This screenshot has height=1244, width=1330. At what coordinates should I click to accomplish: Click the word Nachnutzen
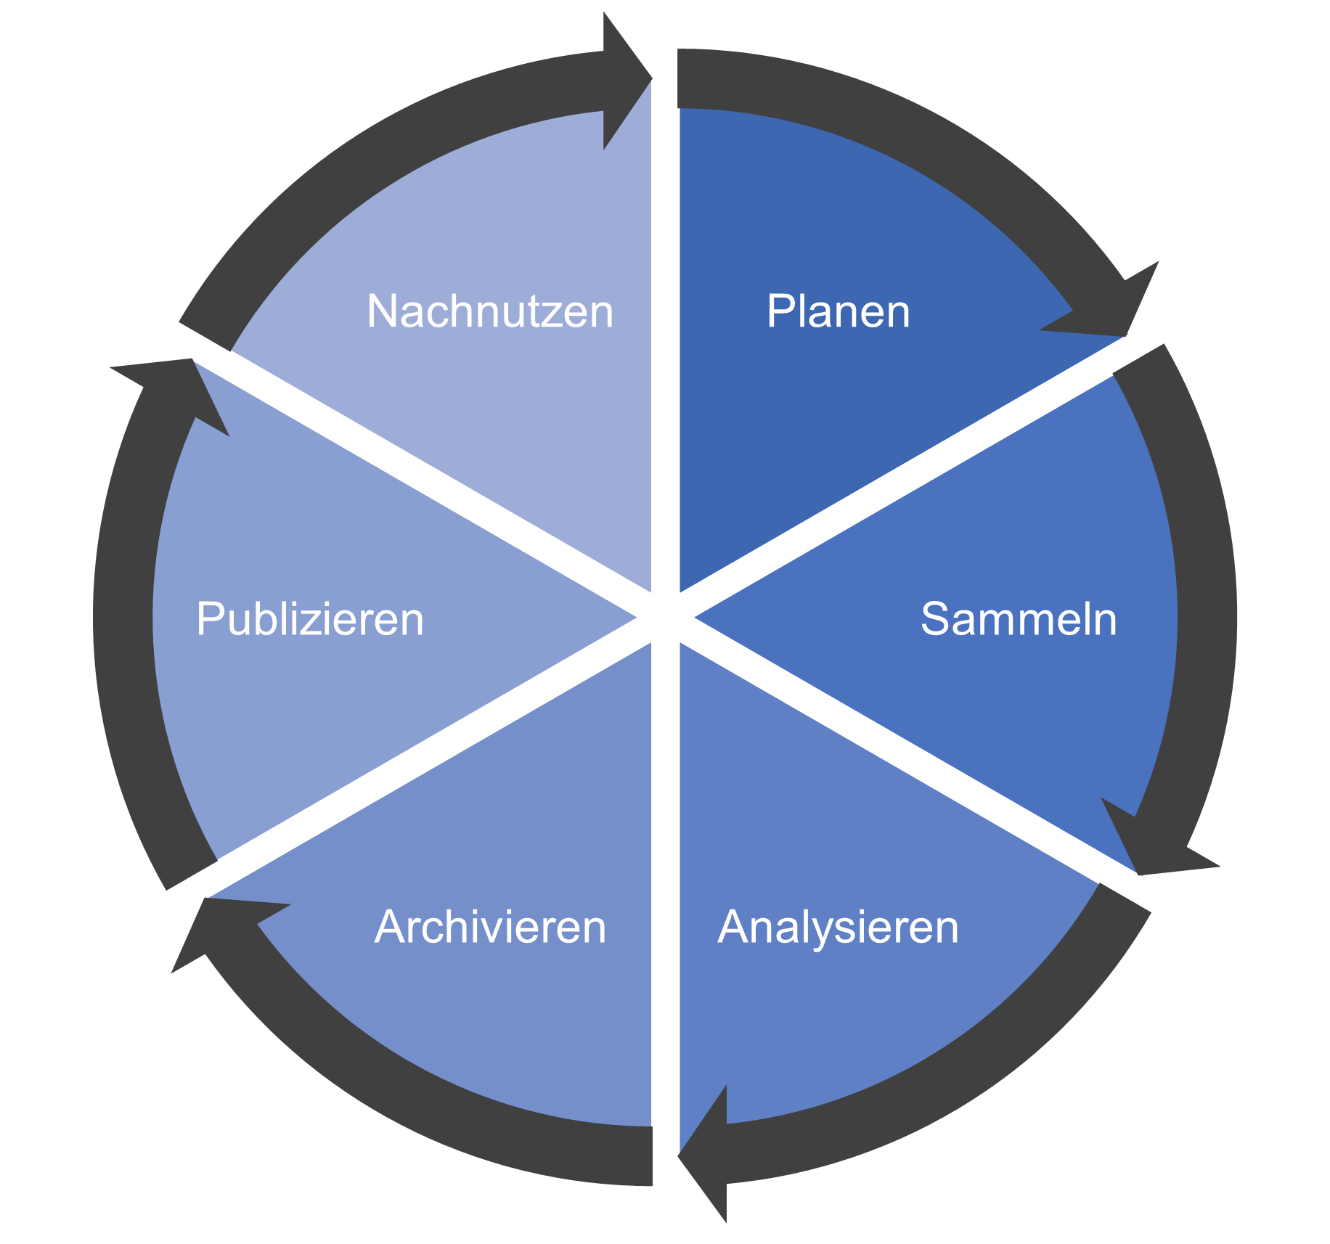coord(490,311)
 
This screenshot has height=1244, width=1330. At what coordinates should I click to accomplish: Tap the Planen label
coord(839,311)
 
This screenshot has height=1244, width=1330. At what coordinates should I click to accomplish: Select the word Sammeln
coord(1019,619)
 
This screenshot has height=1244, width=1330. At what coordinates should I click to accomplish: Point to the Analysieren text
coord(839,927)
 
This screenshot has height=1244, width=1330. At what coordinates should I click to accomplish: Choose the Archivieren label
coord(490,927)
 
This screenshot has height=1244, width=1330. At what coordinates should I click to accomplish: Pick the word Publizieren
coord(310,619)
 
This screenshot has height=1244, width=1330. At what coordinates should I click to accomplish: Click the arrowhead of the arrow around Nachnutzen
coord(624,80)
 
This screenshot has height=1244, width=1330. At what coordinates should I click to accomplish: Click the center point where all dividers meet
coord(666,618)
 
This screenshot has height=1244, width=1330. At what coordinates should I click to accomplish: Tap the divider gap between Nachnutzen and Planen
coord(666,327)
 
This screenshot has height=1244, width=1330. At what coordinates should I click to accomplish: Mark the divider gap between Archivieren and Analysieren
coord(666,907)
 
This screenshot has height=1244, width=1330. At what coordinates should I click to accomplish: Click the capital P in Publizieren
coord(209,619)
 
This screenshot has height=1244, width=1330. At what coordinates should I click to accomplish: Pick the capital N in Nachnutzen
coord(382,311)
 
